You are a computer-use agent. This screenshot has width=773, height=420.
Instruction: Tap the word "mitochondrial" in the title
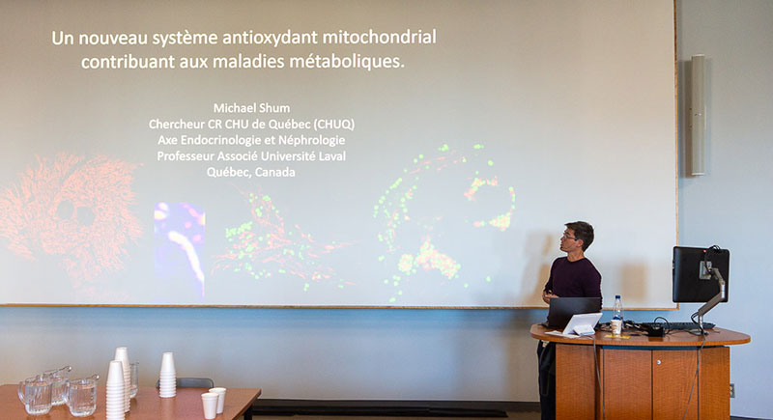pos(379,37)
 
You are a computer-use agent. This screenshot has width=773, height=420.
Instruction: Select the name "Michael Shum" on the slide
pos(251,108)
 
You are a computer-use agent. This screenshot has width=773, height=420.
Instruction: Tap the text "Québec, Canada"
pos(251,172)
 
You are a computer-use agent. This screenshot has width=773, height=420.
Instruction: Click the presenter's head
pos(578,236)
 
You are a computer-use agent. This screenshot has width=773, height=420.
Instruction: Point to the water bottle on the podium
pos(617,311)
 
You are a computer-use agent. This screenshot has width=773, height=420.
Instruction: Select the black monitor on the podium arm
pos(700,274)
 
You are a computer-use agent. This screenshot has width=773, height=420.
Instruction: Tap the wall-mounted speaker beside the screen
pos(698,115)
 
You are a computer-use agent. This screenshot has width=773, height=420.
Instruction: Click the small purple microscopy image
pos(180,250)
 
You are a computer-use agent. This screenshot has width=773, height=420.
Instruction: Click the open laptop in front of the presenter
pos(573,312)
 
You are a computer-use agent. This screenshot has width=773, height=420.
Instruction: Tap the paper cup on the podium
pos(616,327)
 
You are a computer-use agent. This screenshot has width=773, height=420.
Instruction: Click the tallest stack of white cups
pos(116,390)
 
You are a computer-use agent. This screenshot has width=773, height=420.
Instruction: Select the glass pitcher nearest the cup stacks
pos(83,396)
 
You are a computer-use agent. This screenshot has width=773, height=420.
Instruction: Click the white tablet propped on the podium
pos(582,324)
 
